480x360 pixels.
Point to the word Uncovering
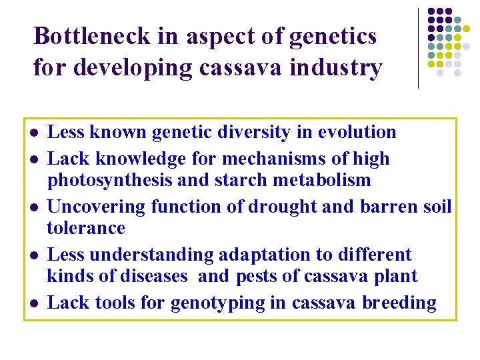(97, 207)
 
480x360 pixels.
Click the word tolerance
(86, 228)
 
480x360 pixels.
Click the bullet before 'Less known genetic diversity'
(33, 133)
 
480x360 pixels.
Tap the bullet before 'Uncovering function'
(33, 207)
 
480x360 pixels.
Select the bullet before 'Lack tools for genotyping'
(33, 303)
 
